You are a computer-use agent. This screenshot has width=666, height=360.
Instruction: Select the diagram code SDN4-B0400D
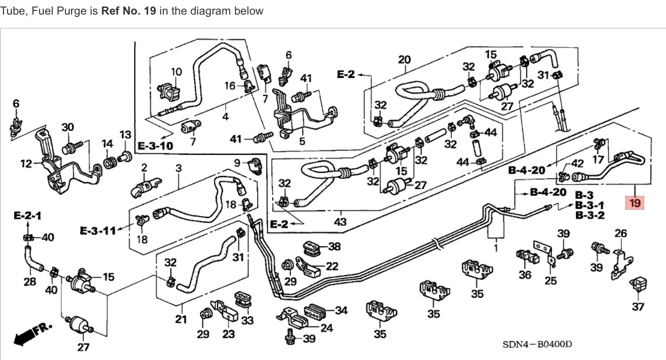[x=537, y=344]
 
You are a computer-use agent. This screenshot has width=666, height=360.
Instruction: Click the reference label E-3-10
[x=155, y=145]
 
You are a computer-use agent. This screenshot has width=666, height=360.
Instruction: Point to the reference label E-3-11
[x=97, y=231]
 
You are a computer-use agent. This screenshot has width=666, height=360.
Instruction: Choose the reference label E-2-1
[x=27, y=216]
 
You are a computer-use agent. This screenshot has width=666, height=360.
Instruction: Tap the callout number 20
[x=404, y=60]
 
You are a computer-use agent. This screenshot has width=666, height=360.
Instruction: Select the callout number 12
[x=26, y=164]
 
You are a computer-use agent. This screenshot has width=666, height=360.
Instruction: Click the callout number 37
[x=638, y=307]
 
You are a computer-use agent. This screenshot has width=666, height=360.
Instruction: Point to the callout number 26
[x=621, y=233]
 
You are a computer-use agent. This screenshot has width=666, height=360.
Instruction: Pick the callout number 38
[x=334, y=246]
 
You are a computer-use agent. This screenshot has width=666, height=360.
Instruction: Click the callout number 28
[x=30, y=281]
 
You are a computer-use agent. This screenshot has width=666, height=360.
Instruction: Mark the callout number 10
[x=176, y=72]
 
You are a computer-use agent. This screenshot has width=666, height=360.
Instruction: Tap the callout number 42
[x=577, y=164]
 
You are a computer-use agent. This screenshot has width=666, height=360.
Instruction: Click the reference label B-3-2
[x=590, y=216]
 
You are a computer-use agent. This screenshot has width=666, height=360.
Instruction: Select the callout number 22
[x=332, y=266]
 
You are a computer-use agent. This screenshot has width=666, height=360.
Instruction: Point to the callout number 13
[x=125, y=135]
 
